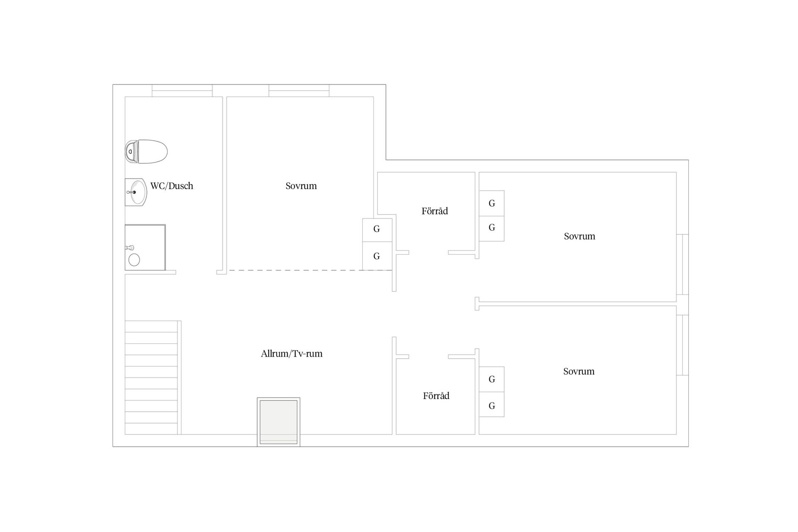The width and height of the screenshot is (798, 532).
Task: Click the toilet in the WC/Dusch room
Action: click(x=146, y=152)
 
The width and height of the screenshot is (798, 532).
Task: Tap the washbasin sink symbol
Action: click(x=136, y=192)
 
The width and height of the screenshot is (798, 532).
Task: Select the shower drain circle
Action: click(x=134, y=260)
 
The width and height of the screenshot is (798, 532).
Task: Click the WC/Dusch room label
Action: click(x=172, y=186)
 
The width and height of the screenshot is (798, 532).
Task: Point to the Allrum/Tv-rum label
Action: click(x=292, y=354)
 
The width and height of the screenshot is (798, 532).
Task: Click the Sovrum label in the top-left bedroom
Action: click(x=301, y=186)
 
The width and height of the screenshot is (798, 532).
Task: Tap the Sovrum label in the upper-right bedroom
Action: click(x=579, y=236)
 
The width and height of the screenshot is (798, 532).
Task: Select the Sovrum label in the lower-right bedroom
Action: click(x=579, y=371)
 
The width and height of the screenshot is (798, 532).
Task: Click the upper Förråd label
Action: click(x=435, y=211)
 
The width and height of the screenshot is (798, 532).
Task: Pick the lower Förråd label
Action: click(x=436, y=396)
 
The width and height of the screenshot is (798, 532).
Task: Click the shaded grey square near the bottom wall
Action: click(x=278, y=422)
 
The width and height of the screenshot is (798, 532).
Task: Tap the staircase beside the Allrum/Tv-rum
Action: click(x=153, y=377)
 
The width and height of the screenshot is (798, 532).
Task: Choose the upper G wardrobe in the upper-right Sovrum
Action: click(x=492, y=203)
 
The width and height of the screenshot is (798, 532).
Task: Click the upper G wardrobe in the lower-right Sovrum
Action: click(x=492, y=379)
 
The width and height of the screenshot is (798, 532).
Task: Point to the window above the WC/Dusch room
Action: click(x=182, y=91)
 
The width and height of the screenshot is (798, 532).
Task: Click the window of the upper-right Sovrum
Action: click(x=682, y=265)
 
